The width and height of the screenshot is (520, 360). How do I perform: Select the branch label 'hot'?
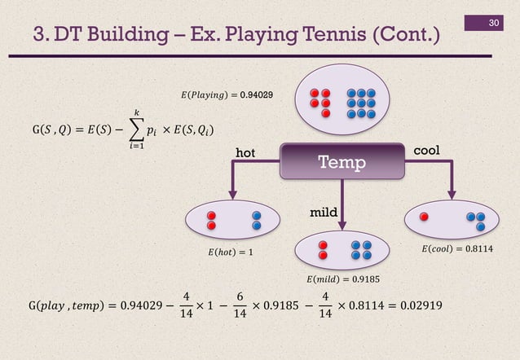pyautogui.click(x=245, y=152)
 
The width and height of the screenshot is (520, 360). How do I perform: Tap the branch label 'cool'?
pyautogui.click(x=430, y=152)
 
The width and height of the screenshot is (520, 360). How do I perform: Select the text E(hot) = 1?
pyautogui.click(x=226, y=252)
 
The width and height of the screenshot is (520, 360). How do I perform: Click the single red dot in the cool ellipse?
pyautogui.click(x=423, y=217)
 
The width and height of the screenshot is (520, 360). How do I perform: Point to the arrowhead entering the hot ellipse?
pyautogui.click(x=232, y=193)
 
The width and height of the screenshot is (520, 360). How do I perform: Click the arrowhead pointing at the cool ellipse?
pyautogui.click(x=450, y=193)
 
